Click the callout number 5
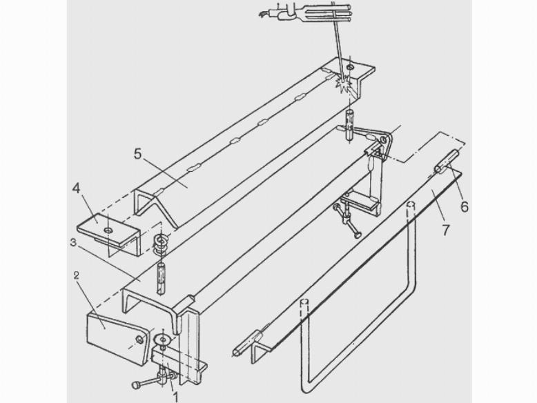[137, 154]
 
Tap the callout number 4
[76, 188]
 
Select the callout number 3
[72, 243]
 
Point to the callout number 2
[77, 275]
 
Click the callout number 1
[176, 397]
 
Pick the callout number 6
[465, 206]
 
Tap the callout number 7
[445, 230]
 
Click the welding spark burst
[344, 83]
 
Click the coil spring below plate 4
[161, 244]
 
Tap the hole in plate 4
[108, 230]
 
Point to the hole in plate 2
[139, 340]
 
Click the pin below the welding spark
[350, 126]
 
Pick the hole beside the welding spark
[350, 66]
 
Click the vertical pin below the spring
[161, 277]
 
